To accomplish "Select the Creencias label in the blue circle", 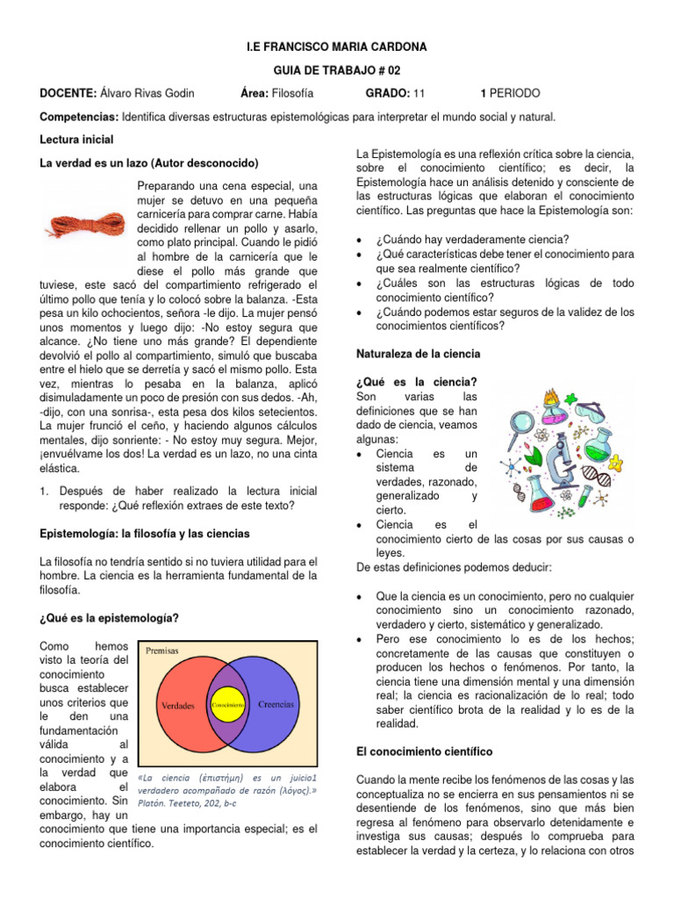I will tap(276, 704).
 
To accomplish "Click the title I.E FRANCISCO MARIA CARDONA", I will tap(336, 46).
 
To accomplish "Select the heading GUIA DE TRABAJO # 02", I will tap(336, 69).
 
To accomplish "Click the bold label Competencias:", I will tap(79, 117).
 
